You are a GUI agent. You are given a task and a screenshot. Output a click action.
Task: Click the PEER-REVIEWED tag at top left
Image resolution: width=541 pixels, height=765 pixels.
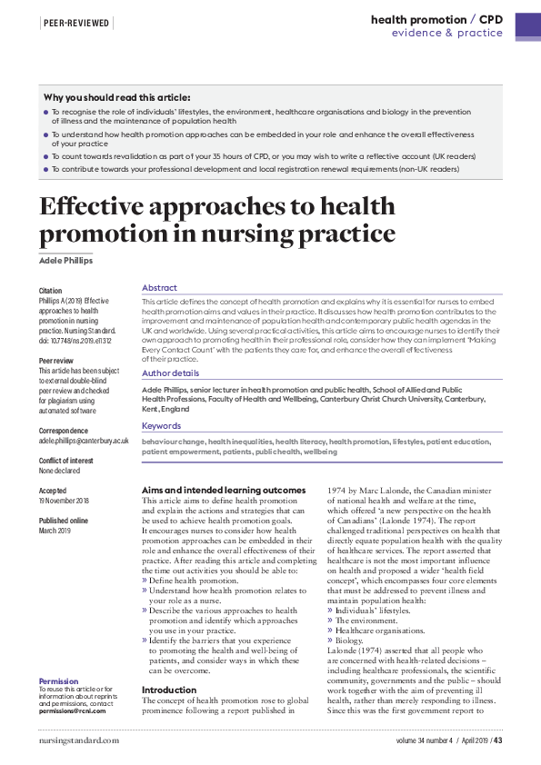pos(76,21)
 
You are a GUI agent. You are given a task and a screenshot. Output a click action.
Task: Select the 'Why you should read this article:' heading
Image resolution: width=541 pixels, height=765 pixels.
pos(117,97)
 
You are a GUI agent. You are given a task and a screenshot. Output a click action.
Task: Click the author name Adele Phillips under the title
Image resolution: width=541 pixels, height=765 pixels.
pos(66,261)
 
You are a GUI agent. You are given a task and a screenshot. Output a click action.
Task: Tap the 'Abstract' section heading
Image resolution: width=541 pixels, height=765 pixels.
pos(159,287)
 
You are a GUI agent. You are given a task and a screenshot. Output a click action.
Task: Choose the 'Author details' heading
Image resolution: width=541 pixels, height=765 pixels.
pos(170,373)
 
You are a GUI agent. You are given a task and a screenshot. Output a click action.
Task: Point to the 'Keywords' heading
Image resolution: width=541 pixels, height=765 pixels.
pos(161,425)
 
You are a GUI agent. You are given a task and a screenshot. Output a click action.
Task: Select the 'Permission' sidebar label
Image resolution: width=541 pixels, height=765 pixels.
pos(59,681)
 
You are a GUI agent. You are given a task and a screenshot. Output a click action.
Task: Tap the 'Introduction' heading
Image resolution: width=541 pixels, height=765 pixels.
pos(169,690)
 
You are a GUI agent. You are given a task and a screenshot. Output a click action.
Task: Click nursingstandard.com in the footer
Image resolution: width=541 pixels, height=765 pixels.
pos(79,741)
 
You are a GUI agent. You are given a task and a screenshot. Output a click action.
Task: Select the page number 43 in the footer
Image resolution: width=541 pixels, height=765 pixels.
pos(498,741)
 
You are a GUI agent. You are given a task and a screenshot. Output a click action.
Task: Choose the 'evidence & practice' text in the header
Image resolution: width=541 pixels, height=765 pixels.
pos(447,33)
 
